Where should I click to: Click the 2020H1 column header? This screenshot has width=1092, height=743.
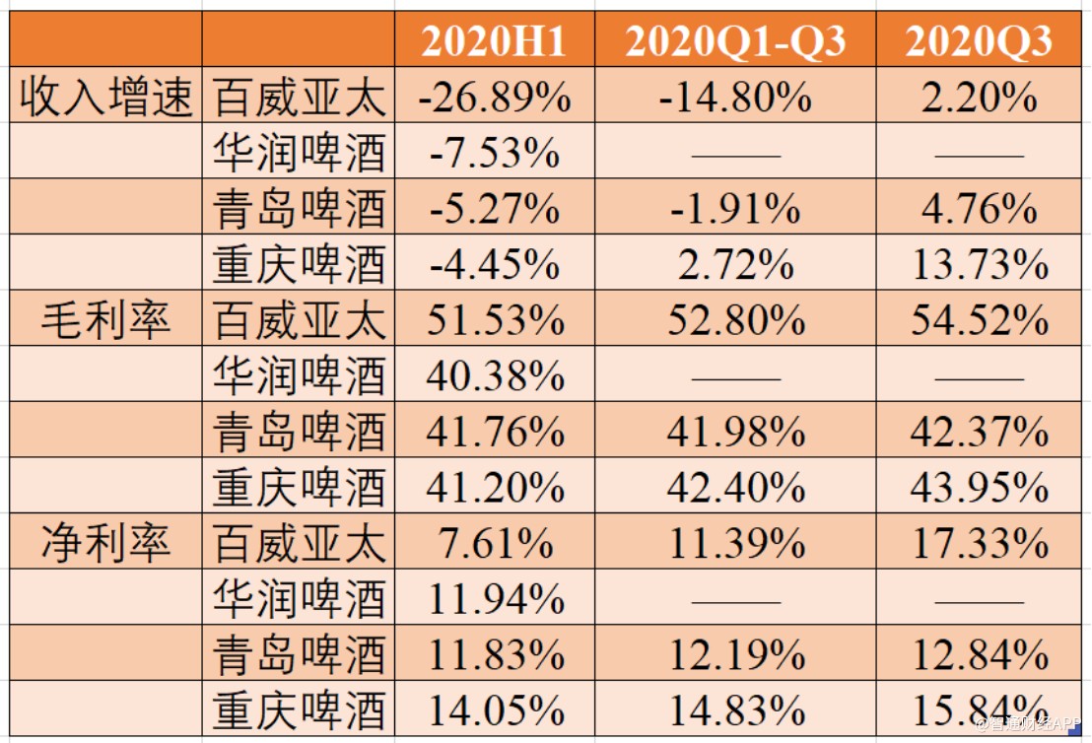click(x=494, y=41)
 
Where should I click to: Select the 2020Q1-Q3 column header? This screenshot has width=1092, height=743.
click(x=735, y=41)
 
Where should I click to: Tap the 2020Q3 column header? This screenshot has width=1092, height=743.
click(x=978, y=41)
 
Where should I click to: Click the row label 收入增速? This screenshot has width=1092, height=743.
click(x=105, y=98)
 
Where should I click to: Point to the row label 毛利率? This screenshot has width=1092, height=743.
click(x=105, y=320)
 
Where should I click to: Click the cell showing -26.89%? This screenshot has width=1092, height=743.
click(x=494, y=98)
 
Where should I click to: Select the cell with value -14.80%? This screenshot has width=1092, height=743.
click(x=735, y=98)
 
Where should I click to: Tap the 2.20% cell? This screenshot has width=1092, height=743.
click(x=978, y=98)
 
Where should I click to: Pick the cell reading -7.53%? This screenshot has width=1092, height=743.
click(x=494, y=154)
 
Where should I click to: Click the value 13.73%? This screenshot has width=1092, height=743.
click(x=978, y=265)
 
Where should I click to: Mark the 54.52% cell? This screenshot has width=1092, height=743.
click(x=978, y=320)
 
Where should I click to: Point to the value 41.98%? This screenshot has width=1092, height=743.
click(x=735, y=432)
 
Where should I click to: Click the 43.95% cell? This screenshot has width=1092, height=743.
click(x=978, y=487)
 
